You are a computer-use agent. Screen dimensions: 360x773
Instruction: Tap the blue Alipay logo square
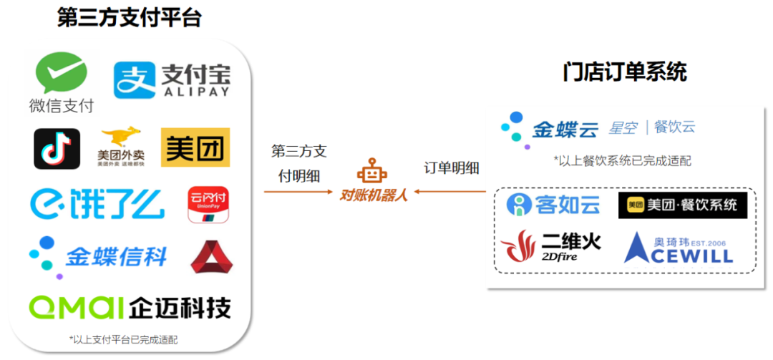[135, 80]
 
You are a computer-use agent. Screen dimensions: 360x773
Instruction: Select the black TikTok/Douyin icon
[57, 149]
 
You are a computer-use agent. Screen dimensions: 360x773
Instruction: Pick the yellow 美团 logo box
[195, 147]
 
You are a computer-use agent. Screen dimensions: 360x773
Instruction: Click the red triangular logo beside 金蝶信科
[211, 257]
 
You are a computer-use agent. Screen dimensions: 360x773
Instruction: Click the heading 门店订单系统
[625, 72]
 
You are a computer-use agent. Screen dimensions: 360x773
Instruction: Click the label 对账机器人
[373, 194]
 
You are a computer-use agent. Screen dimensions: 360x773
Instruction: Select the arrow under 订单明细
[450, 191]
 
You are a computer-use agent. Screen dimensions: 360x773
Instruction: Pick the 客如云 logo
[553, 205]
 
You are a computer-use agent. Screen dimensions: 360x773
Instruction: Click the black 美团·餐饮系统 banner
[682, 205]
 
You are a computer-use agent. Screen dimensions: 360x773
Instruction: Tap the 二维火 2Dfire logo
[551, 245]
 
